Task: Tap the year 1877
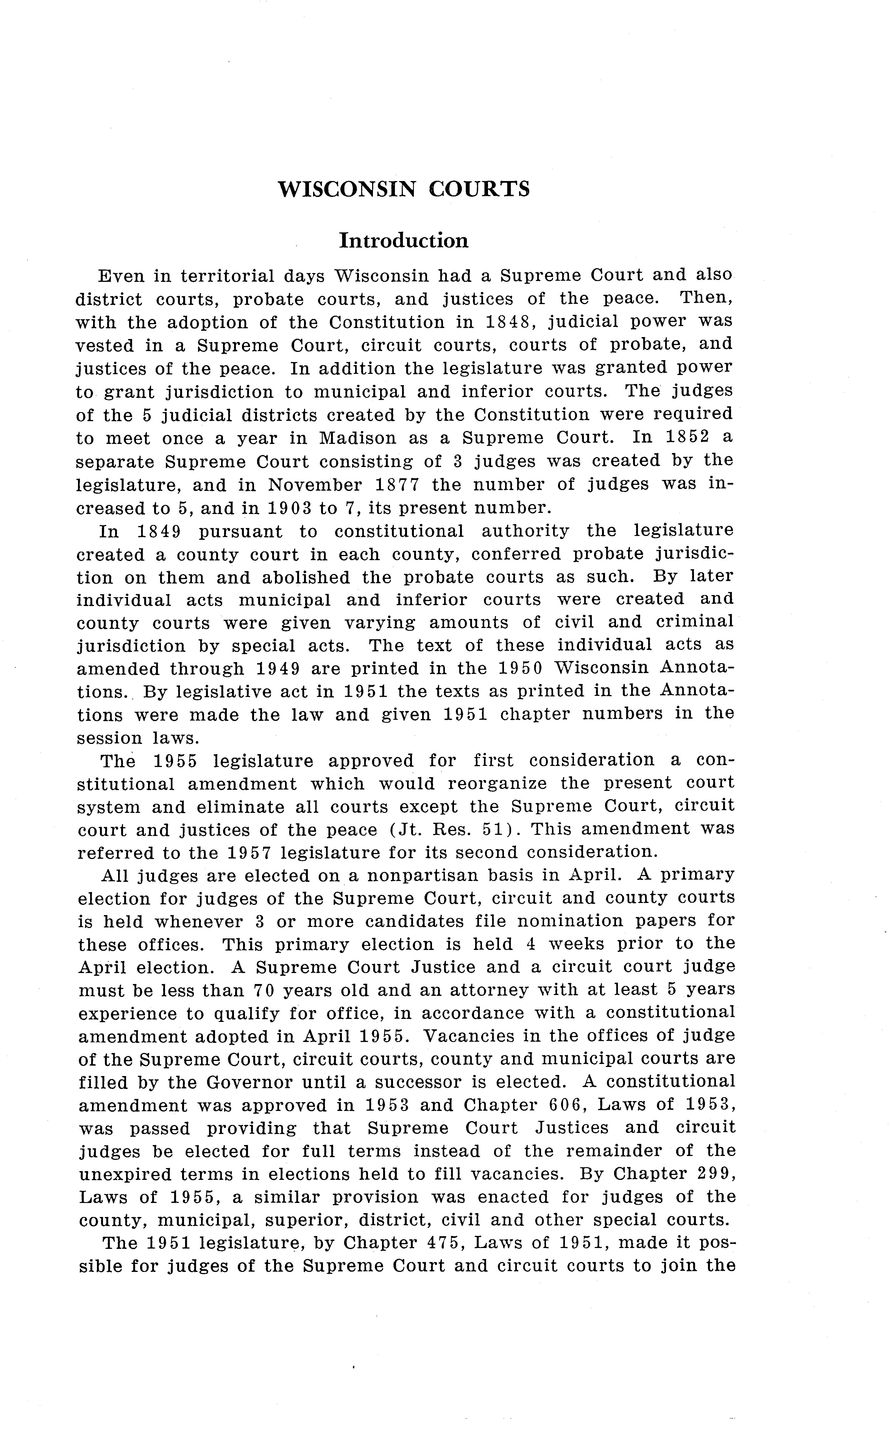[397, 485]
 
